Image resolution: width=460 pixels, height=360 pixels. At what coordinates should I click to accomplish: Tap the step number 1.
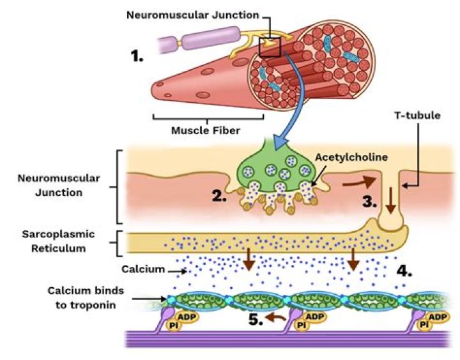[x=137, y=56]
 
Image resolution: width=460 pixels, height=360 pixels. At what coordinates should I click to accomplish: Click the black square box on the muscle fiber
[x=271, y=46]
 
